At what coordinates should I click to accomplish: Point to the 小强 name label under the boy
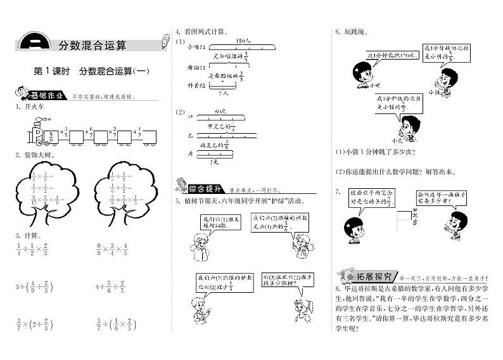tap(434, 93)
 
